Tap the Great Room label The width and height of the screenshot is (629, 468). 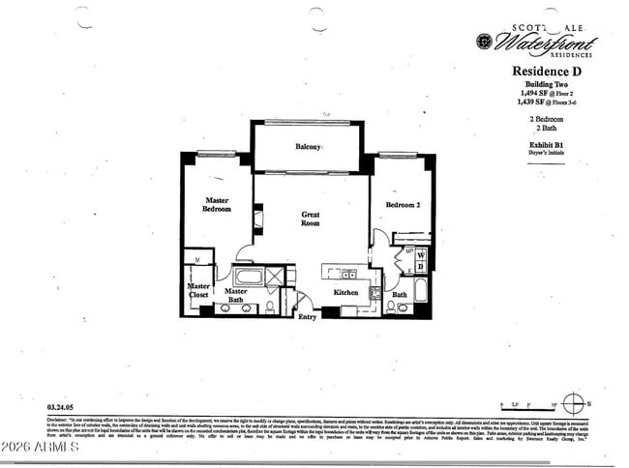click(311, 219)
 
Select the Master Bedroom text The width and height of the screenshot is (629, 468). click(216, 205)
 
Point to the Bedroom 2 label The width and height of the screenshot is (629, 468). click(402, 205)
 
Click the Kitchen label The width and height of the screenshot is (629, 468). click(346, 292)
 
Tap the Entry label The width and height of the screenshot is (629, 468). click(307, 317)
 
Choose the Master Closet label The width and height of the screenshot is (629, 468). click(198, 290)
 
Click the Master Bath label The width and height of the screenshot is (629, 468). click(235, 296)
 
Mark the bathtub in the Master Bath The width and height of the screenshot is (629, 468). click(249, 277)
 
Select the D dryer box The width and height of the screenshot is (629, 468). click(419, 266)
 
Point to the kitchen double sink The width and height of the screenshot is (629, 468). click(375, 293)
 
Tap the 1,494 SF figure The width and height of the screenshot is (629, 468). click(530, 93)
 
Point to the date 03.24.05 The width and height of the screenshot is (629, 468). click(61, 407)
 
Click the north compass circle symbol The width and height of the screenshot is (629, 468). click(573, 403)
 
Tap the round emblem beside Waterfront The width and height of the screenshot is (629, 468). click(484, 41)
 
